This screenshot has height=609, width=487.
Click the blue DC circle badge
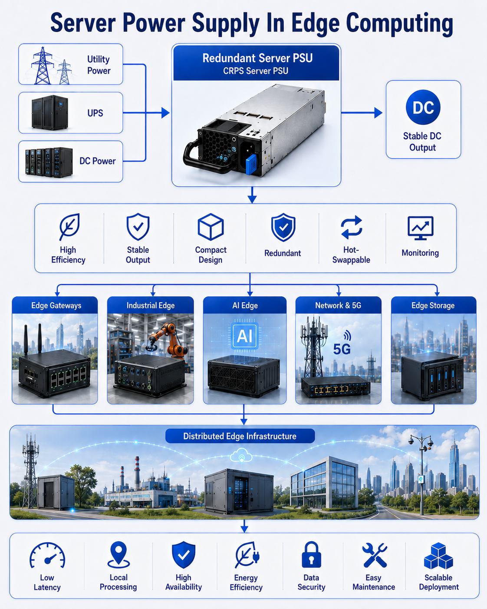point(423,107)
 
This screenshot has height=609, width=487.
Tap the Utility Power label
point(99,65)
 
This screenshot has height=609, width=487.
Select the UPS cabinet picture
point(49,113)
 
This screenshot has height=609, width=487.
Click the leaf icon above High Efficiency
point(69,227)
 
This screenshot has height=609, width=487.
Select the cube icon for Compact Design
point(211,227)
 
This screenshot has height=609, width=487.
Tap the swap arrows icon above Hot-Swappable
point(351,227)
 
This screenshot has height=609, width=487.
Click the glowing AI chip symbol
point(245,336)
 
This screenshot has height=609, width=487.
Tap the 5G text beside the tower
point(342,349)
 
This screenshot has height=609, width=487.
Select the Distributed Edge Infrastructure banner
point(240,436)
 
